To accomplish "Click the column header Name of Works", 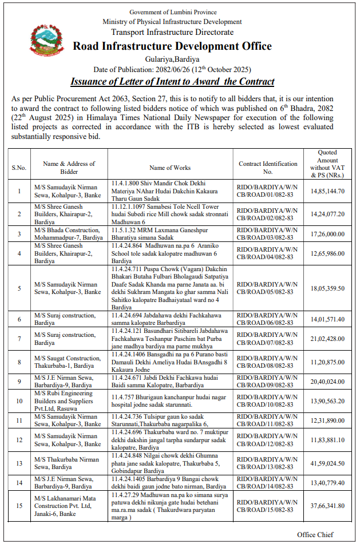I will tap(170, 168).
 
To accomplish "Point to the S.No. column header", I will tap(19, 168).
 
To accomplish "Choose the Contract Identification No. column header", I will tap(268, 168).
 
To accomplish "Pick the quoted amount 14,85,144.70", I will tap(327, 190).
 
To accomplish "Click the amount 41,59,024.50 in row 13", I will tap(327, 463).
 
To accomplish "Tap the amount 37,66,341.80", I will tap(327, 505).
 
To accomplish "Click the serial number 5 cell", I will tap(19, 288).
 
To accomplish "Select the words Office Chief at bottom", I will tap(315, 534).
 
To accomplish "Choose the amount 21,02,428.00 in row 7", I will tap(327, 339).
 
